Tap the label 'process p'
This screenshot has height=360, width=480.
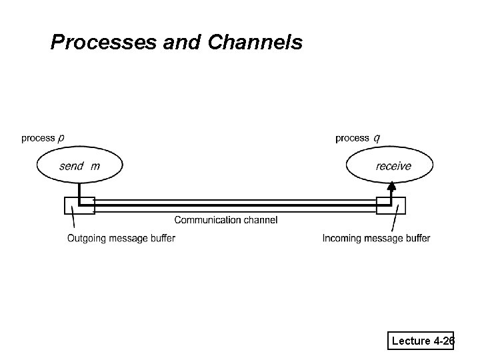(x=43, y=138)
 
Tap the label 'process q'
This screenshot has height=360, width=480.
(x=358, y=138)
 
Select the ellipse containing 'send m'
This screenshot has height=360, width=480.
(x=80, y=166)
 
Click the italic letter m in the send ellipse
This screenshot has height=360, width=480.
(x=95, y=166)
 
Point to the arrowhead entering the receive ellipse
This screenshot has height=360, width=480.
(x=391, y=186)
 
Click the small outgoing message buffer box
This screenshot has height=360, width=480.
(x=79, y=205)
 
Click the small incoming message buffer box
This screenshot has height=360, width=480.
(x=391, y=205)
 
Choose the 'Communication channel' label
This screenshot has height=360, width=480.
(x=226, y=220)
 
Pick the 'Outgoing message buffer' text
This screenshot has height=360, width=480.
(x=121, y=239)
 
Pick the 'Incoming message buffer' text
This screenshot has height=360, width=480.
(x=376, y=239)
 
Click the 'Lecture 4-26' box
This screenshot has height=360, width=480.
(x=422, y=341)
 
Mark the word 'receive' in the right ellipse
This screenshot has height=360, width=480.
(x=393, y=166)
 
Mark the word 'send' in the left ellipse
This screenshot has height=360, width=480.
(x=71, y=166)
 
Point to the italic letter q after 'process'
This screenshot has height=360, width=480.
(x=377, y=139)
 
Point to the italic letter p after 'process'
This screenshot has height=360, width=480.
(x=61, y=139)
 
